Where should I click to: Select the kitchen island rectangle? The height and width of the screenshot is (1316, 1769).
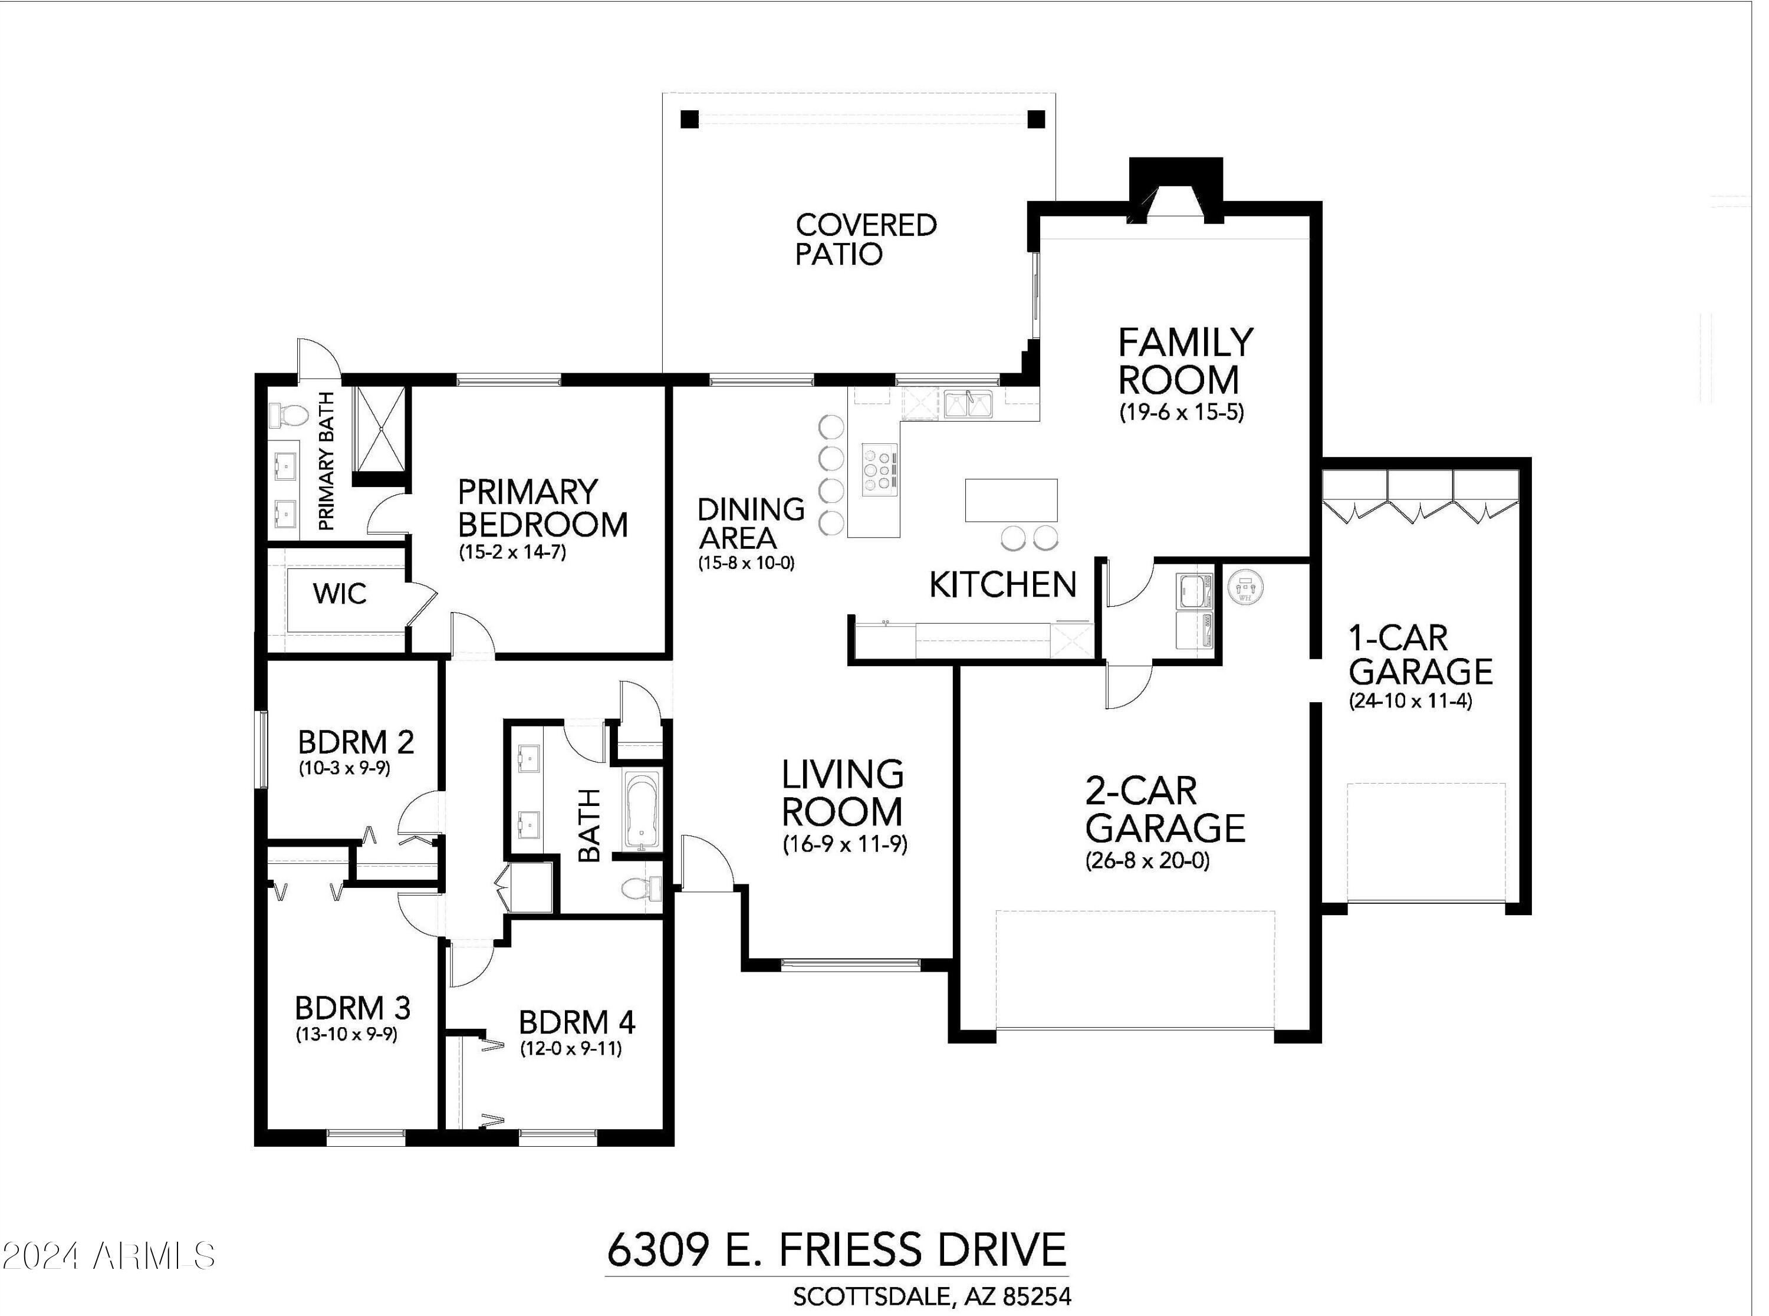point(1011,499)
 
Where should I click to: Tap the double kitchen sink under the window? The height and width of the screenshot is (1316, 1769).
point(968,404)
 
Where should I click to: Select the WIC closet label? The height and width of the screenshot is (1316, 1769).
point(340,594)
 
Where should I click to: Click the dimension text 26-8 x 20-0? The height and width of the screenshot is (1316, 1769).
point(1147,861)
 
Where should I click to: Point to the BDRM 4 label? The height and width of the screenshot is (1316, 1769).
point(577,1022)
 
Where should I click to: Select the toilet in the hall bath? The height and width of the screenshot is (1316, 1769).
point(640,887)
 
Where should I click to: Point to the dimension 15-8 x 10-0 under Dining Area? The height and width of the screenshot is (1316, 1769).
point(747,563)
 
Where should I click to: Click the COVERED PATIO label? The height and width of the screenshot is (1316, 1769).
point(866,239)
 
